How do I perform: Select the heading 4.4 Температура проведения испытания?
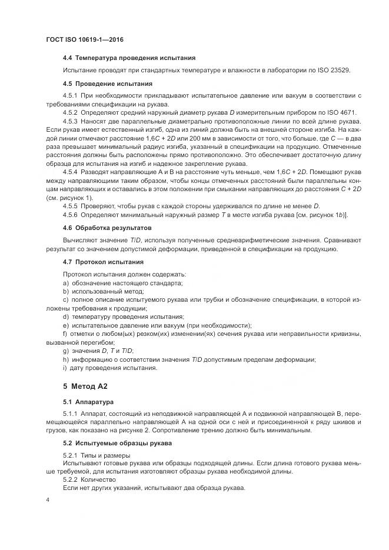pos(129,58)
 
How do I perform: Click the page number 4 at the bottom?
pos(48,500)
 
